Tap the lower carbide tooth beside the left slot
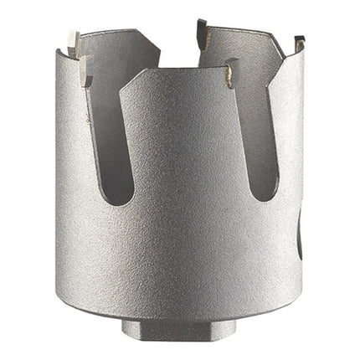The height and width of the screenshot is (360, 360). pyautogui.click(x=86, y=74)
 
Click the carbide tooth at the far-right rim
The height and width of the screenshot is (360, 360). pyautogui.click(x=298, y=41)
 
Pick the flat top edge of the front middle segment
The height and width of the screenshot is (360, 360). pyautogui.click(x=184, y=75)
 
